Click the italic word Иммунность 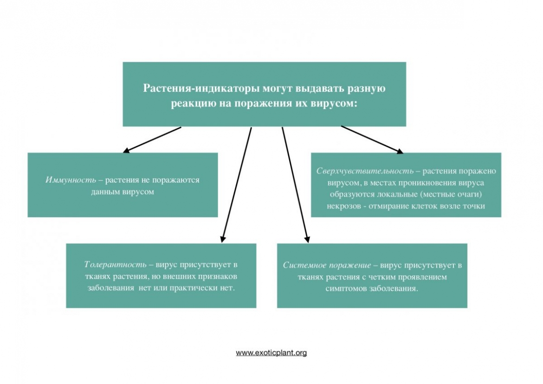(71, 180)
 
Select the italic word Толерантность (115, 264)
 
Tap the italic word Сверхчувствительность (365, 171)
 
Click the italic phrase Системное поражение (327, 265)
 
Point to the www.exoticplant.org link (271, 353)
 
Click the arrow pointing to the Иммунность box (152, 140)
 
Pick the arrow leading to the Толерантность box (236, 185)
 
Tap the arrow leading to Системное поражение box (295, 185)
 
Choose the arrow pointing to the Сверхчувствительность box (372, 140)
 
